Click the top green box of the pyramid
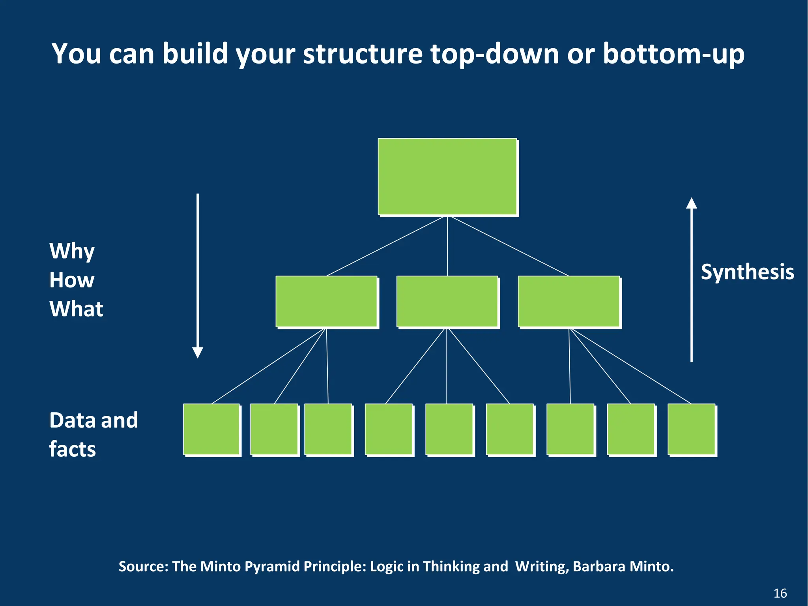pos(447,176)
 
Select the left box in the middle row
pos(327,302)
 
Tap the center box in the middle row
pos(447,302)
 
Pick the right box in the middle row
pos(569,302)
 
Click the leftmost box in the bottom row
pos(211,430)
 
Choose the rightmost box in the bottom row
pos(692,430)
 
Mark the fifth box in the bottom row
pos(449,430)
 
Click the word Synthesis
pos(747,272)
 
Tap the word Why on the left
pos(72,251)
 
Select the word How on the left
pos(72,280)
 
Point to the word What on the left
pos(76,309)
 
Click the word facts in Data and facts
pos(73,449)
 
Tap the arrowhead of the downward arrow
pos(198,352)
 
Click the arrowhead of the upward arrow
pos(691,203)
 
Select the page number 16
pos(780,593)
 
